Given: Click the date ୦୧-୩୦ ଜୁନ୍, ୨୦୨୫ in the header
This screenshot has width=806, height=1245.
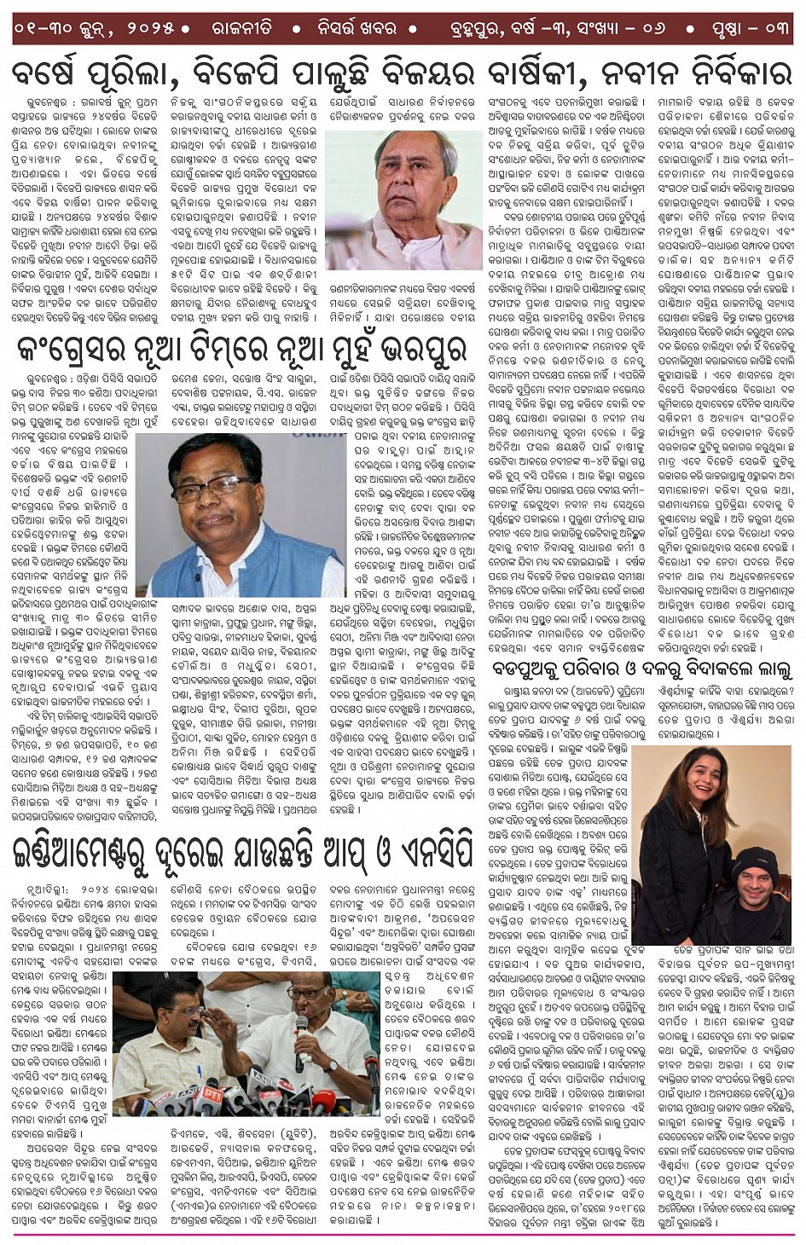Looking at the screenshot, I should click(101, 28).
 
